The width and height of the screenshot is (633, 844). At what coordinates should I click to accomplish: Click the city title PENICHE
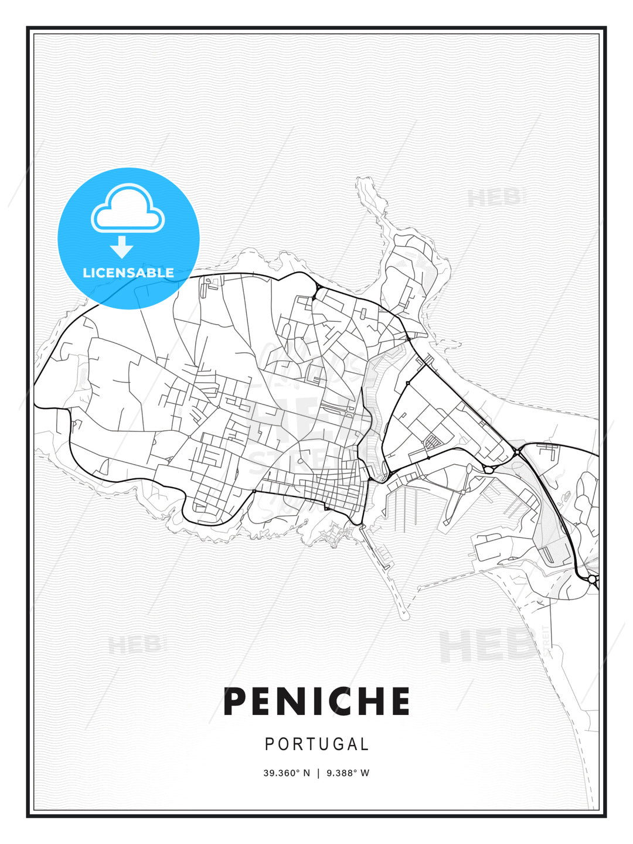(316, 702)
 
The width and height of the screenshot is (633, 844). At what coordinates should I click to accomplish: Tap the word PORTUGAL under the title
(316, 744)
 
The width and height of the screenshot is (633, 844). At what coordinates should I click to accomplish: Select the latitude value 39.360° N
(287, 773)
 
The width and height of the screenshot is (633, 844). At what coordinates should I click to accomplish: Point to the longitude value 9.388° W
(348, 773)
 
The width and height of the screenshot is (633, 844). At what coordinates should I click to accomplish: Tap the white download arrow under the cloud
(122, 247)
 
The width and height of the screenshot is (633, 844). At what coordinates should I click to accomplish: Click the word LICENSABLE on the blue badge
(128, 273)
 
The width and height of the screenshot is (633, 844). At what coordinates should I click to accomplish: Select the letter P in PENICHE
(236, 702)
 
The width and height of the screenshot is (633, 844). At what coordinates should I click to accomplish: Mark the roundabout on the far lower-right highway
(593, 579)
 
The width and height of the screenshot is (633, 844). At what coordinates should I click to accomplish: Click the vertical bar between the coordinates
(318, 773)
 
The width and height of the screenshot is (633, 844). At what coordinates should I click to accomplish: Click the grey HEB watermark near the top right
(495, 198)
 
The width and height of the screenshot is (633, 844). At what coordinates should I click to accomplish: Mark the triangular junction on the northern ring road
(315, 291)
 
